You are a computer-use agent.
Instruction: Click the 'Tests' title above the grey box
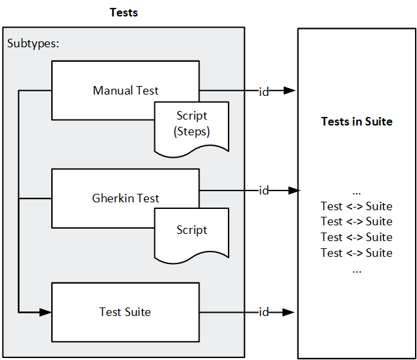click(123, 12)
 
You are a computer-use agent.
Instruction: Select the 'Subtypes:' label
click(33, 44)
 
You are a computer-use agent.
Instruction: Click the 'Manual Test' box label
click(125, 91)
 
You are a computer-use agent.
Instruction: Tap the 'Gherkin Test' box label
click(125, 198)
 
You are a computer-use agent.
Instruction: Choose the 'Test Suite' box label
click(125, 312)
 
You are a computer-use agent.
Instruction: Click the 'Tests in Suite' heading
click(357, 122)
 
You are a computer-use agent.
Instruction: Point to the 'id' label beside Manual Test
click(264, 91)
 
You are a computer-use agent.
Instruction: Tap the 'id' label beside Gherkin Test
click(264, 191)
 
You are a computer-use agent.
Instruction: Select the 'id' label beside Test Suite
click(264, 311)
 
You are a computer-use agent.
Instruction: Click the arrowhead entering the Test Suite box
click(46, 311)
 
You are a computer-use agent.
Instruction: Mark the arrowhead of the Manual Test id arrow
click(290, 91)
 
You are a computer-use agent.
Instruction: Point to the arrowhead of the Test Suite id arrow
click(290, 311)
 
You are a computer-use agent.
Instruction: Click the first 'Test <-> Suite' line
click(357, 206)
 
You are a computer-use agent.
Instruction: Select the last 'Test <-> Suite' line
click(357, 253)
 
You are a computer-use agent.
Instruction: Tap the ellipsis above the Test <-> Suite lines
click(357, 192)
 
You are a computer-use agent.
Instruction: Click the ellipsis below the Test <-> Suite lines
click(357, 269)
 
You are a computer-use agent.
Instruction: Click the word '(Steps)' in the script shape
click(192, 131)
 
